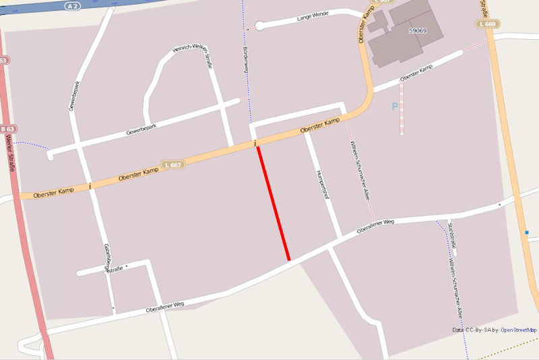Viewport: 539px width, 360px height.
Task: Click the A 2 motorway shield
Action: click(73, 5)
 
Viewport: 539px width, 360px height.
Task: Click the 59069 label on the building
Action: click(418, 30)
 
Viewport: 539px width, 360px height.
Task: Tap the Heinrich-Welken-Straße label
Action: click(190, 57)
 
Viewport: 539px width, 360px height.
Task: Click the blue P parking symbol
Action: click(395, 106)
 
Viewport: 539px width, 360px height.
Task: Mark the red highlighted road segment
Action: click(274, 204)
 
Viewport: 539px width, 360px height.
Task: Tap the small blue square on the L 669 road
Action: click(527, 233)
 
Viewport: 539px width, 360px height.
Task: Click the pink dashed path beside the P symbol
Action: click(402, 108)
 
